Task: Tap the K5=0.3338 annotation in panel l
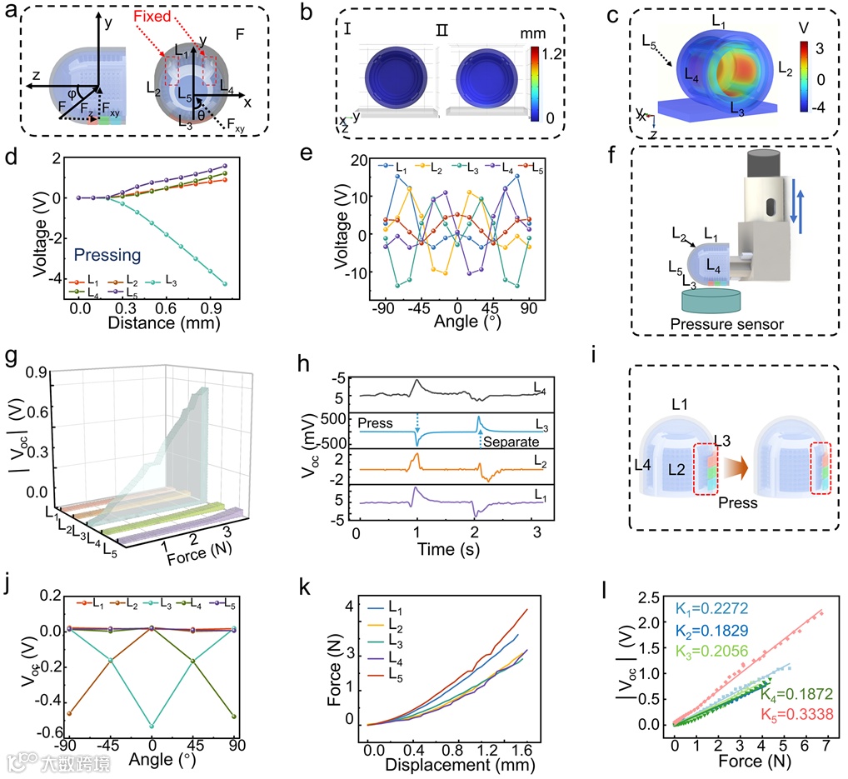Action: click(796, 715)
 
